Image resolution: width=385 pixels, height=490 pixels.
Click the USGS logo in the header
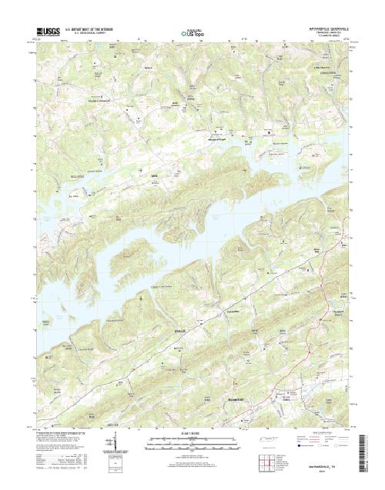click(45, 32)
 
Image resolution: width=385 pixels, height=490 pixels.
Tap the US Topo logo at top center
click(192, 33)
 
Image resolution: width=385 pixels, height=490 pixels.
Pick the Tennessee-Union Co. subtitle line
click(323, 32)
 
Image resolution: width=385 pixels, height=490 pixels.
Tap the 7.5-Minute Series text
click(323, 36)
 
